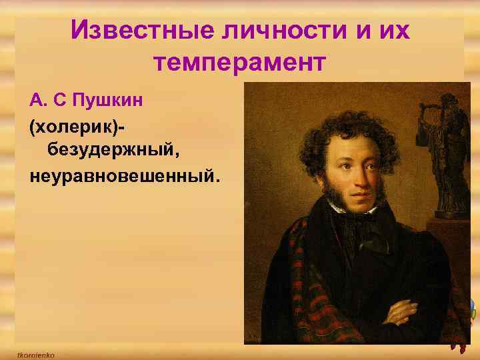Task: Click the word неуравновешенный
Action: point(124,177)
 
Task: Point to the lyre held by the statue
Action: point(425,117)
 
